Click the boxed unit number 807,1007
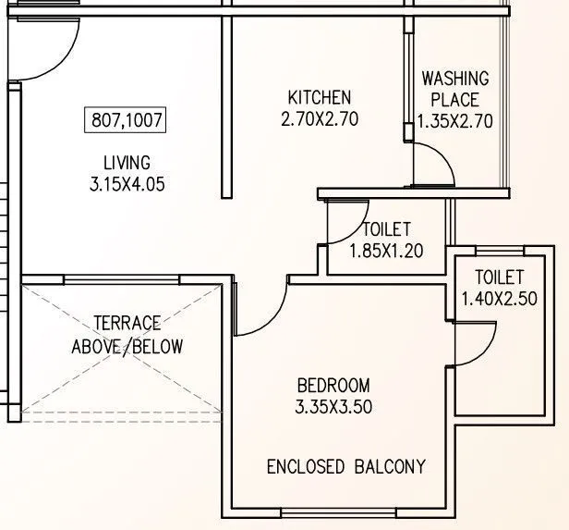[127, 119]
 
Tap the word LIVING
[127, 164]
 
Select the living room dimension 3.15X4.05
[127, 184]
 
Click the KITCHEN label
[319, 98]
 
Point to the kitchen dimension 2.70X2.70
[319, 118]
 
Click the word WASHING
[455, 79]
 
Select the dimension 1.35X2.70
[454, 120]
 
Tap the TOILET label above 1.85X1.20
[386, 229]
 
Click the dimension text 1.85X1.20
[386, 250]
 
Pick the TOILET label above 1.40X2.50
[499, 277]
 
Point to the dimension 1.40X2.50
[499, 298]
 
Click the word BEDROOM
[333, 386]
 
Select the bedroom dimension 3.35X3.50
[333, 407]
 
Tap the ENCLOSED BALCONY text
[346, 466]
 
